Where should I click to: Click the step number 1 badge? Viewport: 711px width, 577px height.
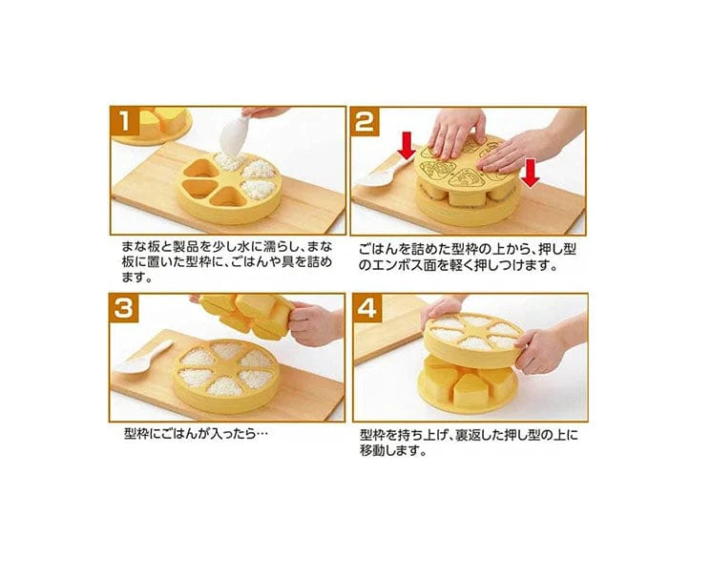(125, 121)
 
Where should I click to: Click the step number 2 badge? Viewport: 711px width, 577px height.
(365, 121)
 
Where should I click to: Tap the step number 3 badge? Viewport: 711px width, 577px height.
(124, 308)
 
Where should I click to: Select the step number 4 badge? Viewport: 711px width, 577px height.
(367, 308)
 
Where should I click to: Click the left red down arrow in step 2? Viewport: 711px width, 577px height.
(407, 146)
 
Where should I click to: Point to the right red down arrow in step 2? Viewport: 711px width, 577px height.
(530, 173)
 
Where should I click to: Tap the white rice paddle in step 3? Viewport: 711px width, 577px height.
(145, 358)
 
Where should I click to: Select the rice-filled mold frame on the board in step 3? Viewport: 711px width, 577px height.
(225, 376)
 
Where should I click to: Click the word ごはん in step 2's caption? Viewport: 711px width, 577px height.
(380, 250)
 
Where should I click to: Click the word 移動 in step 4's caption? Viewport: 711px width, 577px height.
(372, 451)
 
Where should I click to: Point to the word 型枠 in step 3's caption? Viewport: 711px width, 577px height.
(136, 434)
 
